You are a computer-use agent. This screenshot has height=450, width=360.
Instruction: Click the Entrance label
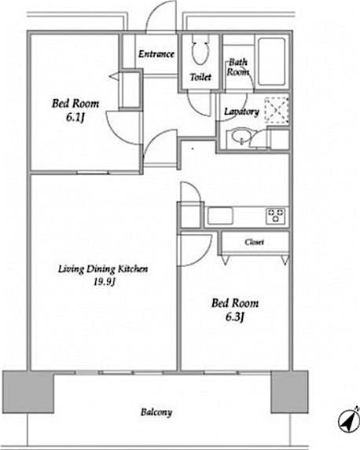coord(156,54)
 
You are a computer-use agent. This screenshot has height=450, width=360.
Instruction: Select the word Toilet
coord(200,77)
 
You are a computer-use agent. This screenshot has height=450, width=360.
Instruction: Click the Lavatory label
coord(241,112)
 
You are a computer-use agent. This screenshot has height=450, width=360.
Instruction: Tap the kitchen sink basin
coord(219,214)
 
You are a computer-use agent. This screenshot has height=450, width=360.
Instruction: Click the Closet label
coord(254,242)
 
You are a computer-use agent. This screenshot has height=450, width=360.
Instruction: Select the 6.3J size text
coord(235,316)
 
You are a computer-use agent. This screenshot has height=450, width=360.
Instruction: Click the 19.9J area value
coord(103,283)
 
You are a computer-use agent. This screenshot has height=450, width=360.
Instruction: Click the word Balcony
coord(156,412)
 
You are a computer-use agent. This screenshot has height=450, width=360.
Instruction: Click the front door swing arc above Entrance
coord(161,17)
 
